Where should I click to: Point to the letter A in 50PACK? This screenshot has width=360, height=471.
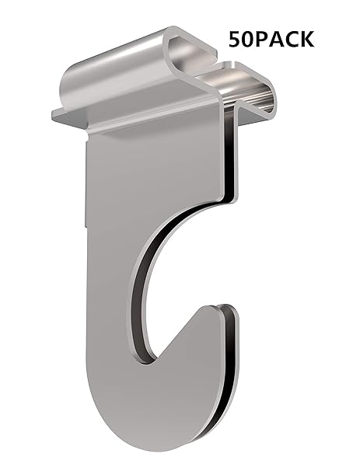277,39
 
